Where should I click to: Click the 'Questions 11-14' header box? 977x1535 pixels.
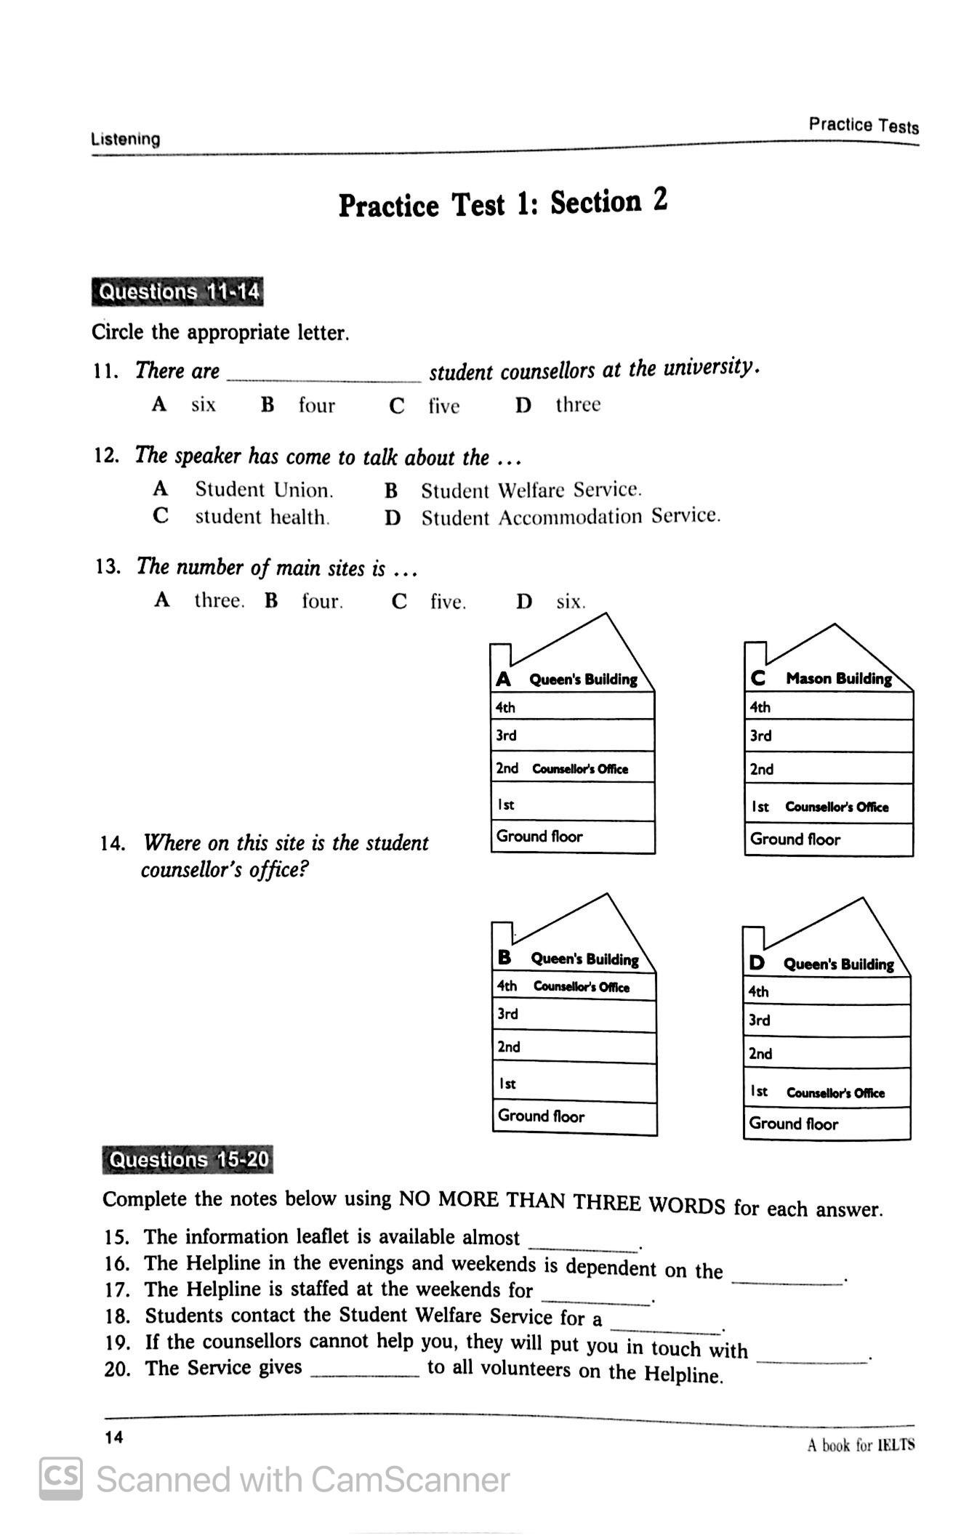tap(177, 292)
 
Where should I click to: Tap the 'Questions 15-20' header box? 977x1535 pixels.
tap(188, 1159)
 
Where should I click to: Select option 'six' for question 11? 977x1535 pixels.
tap(203, 405)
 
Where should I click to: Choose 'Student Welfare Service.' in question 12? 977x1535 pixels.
tap(531, 491)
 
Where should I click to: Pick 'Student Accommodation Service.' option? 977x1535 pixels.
tap(571, 517)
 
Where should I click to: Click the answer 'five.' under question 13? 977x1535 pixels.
tap(447, 602)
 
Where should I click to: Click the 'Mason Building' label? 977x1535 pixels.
tap(838, 679)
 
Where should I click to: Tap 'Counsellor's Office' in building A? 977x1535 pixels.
tap(580, 769)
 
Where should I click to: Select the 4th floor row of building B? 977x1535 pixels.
tap(574, 986)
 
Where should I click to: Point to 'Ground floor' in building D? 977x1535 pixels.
tap(794, 1124)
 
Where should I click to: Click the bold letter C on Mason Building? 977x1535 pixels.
tap(758, 679)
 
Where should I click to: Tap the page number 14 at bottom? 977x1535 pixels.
tap(114, 1437)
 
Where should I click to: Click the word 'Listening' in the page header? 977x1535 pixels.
tap(126, 139)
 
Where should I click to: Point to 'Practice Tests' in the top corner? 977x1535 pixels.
tap(864, 126)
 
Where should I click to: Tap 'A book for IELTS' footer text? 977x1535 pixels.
tap(861, 1445)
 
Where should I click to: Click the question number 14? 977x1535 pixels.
tap(112, 844)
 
